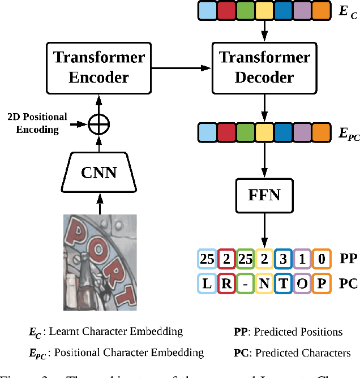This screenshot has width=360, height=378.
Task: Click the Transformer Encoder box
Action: pos(100,67)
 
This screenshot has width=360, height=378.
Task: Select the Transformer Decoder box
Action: pos(264,67)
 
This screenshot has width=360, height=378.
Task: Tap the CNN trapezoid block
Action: pos(100,172)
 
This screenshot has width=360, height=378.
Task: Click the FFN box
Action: pos(264,196)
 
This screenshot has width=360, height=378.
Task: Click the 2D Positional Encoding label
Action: pos(37,123)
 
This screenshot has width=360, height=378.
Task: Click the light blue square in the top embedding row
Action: pos(207,11)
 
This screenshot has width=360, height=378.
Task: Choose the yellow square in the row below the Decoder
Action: pos(264,133)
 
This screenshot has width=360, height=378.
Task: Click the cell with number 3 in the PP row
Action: pos(283,259)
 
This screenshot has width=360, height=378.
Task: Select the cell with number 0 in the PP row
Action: pos(321,259)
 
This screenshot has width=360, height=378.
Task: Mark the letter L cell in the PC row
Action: pos(208,283)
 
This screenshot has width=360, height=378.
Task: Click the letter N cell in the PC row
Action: pos(264,283)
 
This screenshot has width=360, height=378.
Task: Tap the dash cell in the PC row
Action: pos(245,283)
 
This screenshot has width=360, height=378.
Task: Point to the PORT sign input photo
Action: pos(100,261)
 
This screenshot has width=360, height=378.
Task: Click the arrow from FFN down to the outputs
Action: pos(264,229)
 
